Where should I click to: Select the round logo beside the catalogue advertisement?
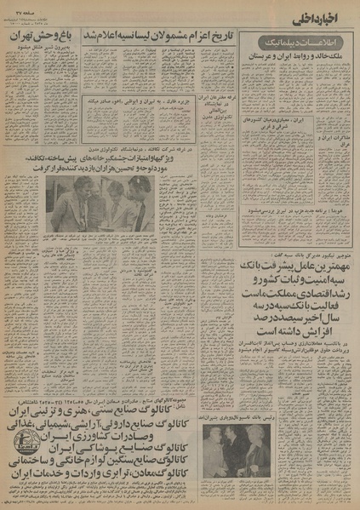pos(25,435)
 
